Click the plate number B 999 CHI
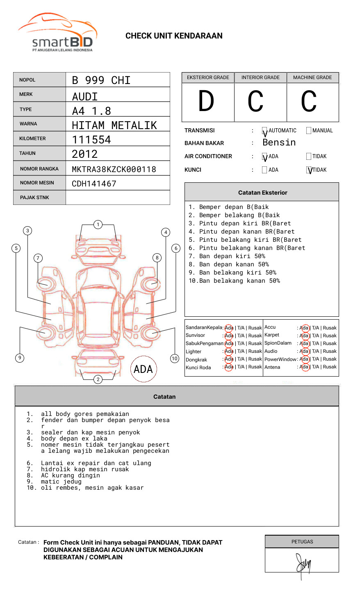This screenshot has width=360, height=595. [x=101, y=80]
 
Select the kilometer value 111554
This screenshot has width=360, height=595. [x=91, y=140]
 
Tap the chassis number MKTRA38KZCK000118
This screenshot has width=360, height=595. [x=114, y=169]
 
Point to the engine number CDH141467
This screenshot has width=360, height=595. [x=94, y=184]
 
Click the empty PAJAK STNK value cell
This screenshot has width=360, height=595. [x=118, y=198]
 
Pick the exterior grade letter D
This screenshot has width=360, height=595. [x=206, y=102]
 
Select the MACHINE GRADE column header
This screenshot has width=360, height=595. [x=312, y=77]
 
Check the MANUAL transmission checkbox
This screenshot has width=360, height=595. [x=309, y=130]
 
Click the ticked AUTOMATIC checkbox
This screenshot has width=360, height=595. [x=264, y=131]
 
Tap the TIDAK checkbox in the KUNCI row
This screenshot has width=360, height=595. [x=309, y=170]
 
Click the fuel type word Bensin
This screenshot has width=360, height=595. [x=279, y=143]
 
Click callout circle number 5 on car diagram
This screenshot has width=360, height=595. [x=16, y=248]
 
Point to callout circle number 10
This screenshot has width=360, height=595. [x=175, y=359]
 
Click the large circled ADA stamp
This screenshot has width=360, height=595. [x=143, y=369]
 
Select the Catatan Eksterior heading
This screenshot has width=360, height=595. [x=262, y=193]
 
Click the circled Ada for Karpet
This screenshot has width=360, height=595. [x=304, y=336]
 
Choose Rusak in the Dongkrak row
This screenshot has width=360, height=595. [x=255, y=359]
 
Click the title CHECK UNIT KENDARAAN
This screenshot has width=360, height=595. [x=174, y=36]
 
